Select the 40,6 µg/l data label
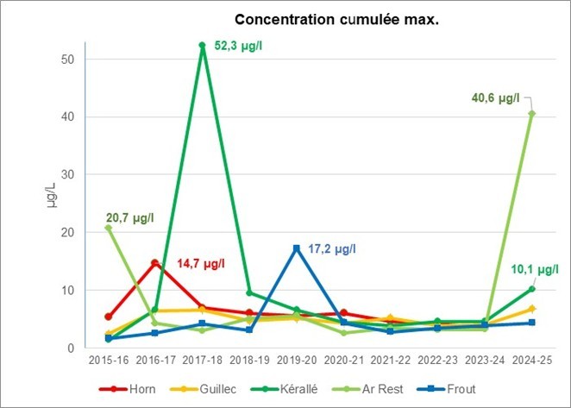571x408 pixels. pos(495,97)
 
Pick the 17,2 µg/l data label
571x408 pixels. pos(332,248)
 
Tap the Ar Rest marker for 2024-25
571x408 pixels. pos(532,113)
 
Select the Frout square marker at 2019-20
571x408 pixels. pos(297,248)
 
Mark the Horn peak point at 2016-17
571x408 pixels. pos(155,263)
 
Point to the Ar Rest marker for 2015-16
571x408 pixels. pos(109,228)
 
